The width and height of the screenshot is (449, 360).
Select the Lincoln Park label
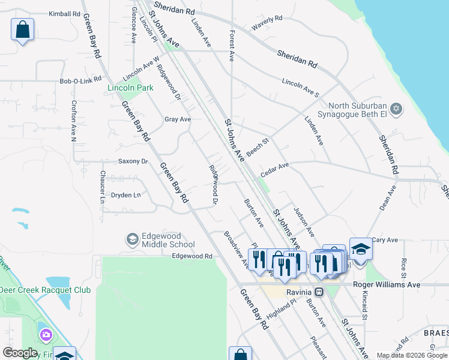pyautogui.click(x=130, y=88)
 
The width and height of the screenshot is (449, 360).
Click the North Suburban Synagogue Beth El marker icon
pyautogui.click(x=395, y=109)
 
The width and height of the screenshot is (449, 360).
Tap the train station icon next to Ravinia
pyautogui.click(x=319, y=292)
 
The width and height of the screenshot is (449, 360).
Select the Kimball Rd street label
pyautogui.click(x=64, y=13)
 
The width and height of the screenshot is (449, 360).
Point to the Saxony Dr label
pyautogui.click(x=133, y=161)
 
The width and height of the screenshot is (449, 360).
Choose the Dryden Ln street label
pyautogui.click(x=125, y=194)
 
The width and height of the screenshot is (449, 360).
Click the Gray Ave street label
pyautogui.click(x=178, y=119)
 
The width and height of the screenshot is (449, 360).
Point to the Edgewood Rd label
pyautogui.click(x=192, y=256)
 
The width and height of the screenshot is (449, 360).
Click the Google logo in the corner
pyautogui.click(x=20, y=353)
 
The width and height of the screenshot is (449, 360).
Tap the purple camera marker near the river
pyautogui.click(x=45, y=334)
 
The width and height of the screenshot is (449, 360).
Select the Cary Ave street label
pyautogui.click(x=385, y=240)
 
